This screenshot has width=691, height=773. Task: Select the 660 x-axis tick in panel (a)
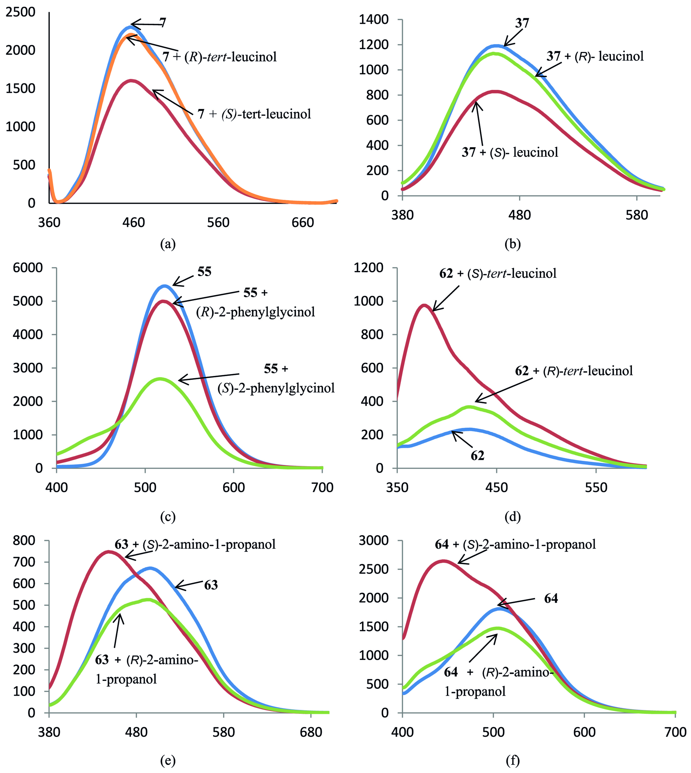(303, 222)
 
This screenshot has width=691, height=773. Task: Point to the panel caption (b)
(513, 244)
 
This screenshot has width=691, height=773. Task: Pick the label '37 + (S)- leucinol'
(510, 152)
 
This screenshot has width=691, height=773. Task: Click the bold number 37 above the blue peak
(522, 24)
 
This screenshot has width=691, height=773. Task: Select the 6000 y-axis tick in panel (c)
(28, 268)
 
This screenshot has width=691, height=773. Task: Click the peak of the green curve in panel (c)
(160, 379)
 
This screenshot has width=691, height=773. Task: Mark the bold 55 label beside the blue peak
(204, 272)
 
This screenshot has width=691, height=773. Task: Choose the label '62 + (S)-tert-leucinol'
(498, 274)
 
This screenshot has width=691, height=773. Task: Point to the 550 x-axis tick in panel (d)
(596, 488)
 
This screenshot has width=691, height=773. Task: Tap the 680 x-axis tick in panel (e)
(311, 732)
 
